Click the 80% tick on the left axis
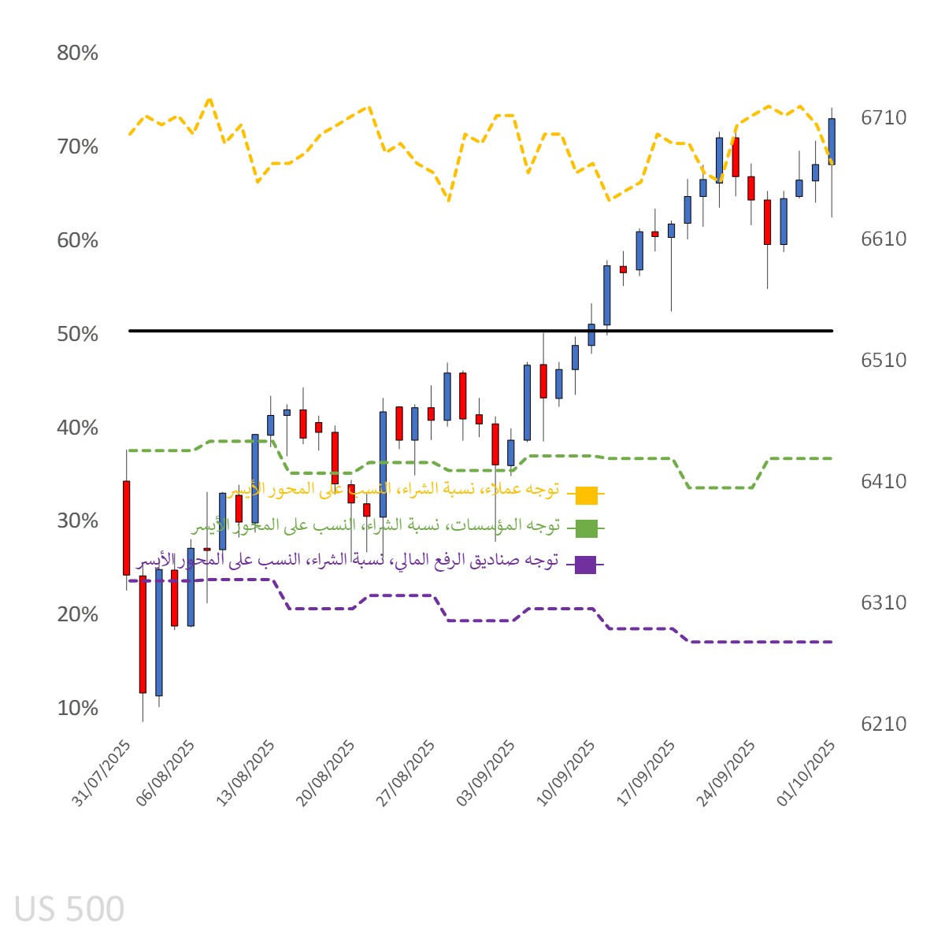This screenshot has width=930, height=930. pos(77,54)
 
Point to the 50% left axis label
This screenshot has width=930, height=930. pos(77,334)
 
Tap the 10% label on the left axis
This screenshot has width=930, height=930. pos(77,708)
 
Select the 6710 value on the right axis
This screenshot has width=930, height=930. pos(883,118)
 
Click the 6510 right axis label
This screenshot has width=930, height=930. pos(883,360)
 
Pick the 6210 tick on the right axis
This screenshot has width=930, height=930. pos(883,724)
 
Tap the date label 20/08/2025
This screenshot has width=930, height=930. pos(326,773)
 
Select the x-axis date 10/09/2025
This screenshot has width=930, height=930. pos(566,773)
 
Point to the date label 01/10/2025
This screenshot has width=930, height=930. pos(806,773)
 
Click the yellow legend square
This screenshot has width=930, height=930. pos(586,495)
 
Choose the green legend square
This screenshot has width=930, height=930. pos(586,528)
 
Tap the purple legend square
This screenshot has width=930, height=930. pos(585,564)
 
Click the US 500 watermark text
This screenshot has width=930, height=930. pos(69,910)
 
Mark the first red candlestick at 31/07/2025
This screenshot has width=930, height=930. pos(126,528)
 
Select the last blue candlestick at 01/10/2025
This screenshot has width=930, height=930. pos(832,142)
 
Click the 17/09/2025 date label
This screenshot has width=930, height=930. pos(647,773)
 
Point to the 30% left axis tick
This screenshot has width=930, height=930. pos(77,521)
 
